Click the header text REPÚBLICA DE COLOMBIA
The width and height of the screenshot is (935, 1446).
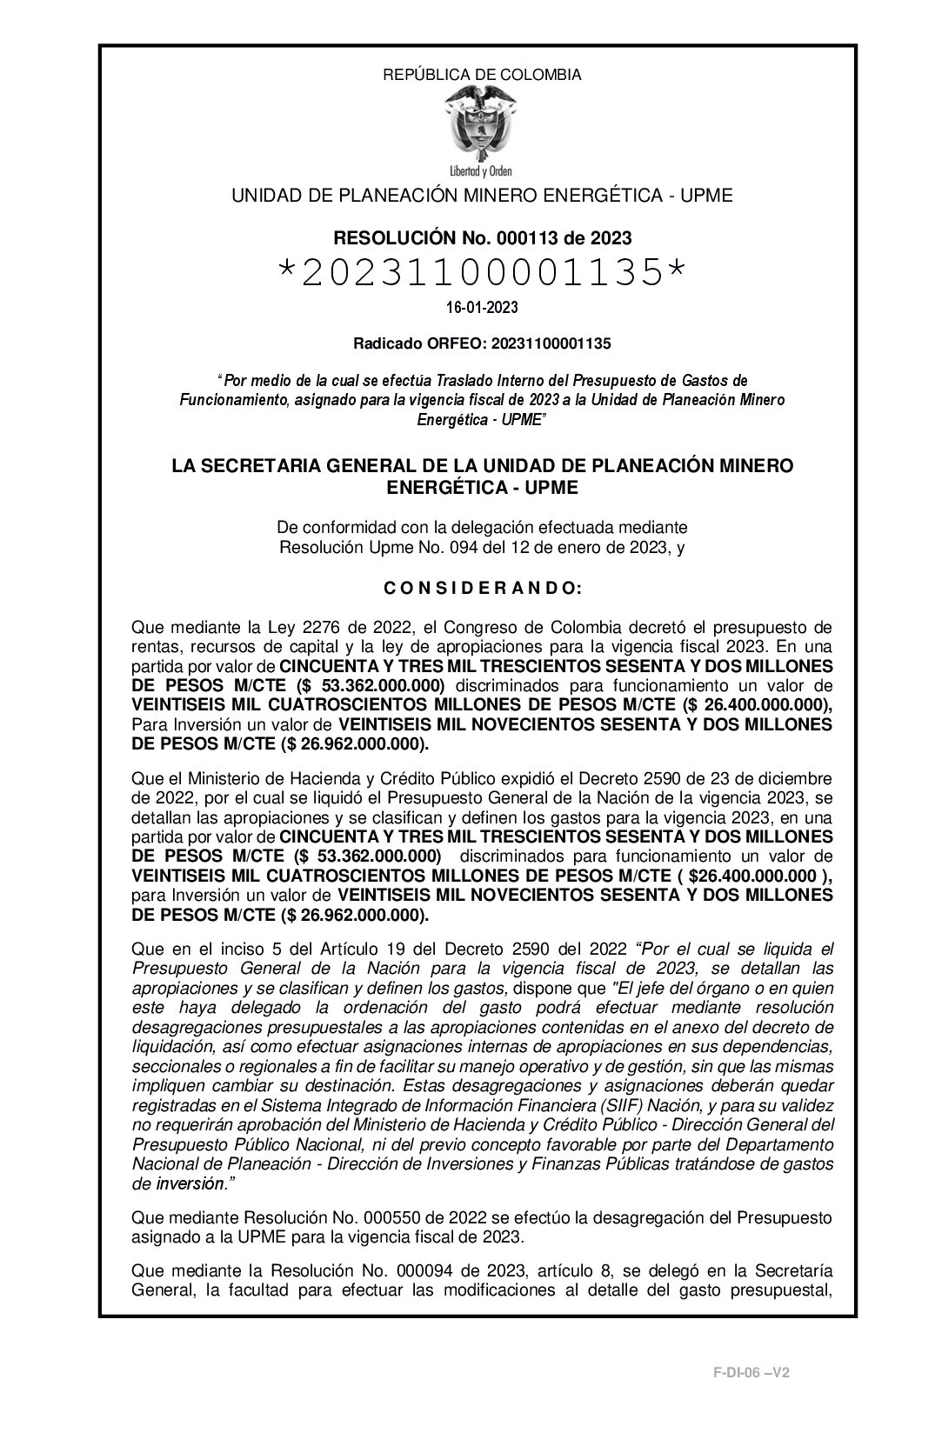point(482,75)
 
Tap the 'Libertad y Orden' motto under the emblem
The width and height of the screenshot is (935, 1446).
point(482,170)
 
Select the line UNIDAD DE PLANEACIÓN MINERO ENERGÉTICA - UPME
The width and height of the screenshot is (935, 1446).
point(482,196)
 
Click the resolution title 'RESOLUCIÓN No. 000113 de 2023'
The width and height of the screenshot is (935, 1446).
point(482,237)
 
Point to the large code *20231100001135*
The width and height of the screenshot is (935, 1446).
point(482,274)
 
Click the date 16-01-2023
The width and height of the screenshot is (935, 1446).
point(482,308)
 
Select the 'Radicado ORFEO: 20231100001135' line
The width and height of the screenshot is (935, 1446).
point(482,343)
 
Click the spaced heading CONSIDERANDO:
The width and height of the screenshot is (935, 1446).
point(482,589)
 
